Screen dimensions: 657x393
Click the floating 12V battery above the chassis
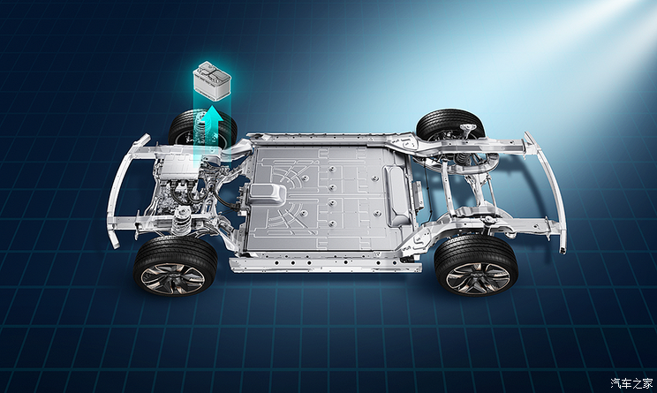point(212,80)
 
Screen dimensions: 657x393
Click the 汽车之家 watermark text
point(631,383)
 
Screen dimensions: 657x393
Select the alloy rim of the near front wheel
point(172,278)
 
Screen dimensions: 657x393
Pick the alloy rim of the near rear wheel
point(477,278)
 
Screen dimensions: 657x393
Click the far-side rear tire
point(450,124)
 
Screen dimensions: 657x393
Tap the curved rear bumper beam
point(547,191)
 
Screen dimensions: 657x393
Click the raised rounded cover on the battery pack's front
point(268,194)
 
